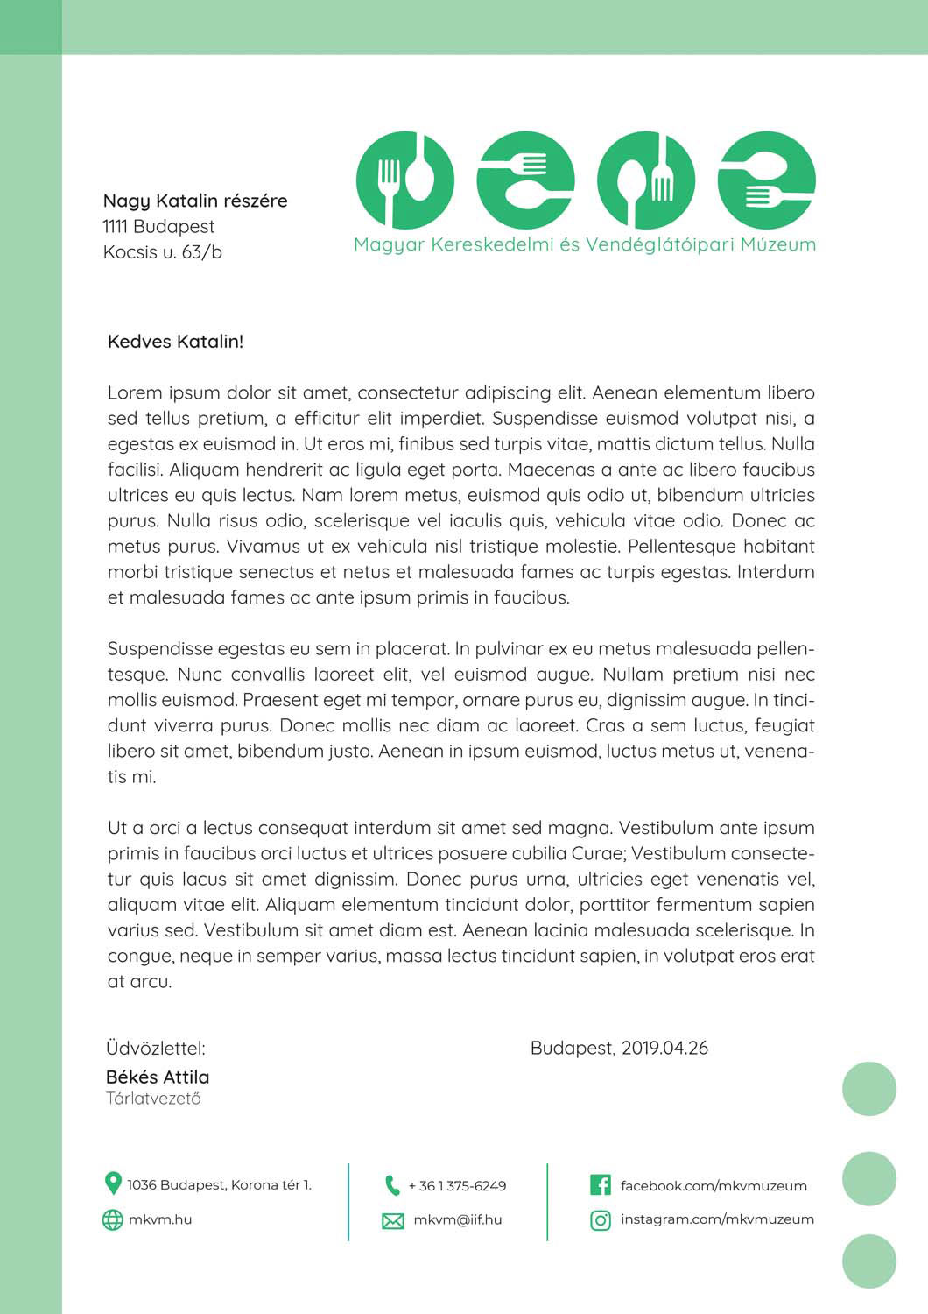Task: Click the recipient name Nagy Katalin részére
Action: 194,201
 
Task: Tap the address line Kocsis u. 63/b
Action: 162,252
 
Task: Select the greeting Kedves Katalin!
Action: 175,342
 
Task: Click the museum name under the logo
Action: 584,244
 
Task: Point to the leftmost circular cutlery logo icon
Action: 405,180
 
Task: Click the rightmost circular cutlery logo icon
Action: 766,180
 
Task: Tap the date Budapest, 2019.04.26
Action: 619,1049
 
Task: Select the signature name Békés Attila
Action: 158,1077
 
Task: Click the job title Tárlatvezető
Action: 153,1099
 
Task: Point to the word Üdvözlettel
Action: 155,1049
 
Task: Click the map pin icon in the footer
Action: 112,1183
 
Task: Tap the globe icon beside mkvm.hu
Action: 112,1219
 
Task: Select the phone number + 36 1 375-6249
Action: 457,1186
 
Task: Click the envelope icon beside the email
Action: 393,1220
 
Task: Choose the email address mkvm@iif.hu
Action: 457,1219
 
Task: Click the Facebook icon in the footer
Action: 601,1185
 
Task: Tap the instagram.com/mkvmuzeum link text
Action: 717,1219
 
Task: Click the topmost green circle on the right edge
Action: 869,1089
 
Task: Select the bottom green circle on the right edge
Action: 869,1261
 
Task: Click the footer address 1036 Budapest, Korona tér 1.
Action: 219,1185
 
